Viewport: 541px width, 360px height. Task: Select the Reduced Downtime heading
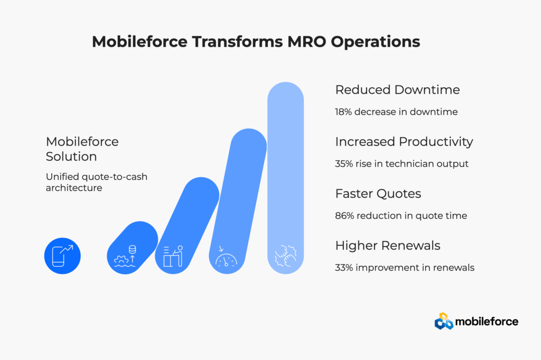click(x=397, y=90)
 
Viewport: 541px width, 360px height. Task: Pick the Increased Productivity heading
click(x=404, y=142)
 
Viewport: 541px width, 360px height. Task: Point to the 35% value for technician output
click(x=346, y=164)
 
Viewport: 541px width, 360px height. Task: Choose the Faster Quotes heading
click(x=378, y=193)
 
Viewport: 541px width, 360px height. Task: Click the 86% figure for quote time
click(x=346, y=216)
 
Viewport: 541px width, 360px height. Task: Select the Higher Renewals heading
click(x=388, y=245)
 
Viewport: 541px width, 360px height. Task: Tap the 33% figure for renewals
click(x=345, y=267)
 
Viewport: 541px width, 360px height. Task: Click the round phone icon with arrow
click(x=62, y=256)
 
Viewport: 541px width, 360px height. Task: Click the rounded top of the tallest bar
click(x=285, y=98)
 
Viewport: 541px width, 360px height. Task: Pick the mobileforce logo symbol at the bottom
click(x=444, y=321)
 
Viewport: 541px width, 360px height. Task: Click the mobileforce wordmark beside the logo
click(x=487, y=321)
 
